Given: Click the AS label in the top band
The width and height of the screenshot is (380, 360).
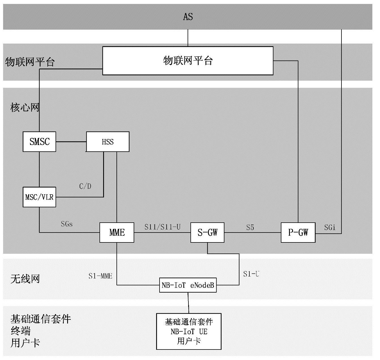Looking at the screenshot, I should click(x=188, y=17).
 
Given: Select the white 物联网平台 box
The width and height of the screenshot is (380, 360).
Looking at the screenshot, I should click(x=188, y=61).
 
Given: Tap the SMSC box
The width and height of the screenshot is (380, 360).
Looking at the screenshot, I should click(x=39, y=142).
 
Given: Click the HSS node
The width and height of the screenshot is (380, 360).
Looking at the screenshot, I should click(x=108, y=142).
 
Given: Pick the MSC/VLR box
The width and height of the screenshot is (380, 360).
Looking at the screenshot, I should click(x=39, y=197).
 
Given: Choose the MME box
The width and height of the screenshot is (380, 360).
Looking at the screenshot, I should click(x=117, y=233).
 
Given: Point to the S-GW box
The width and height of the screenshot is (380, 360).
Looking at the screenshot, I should click(x=207, y=233).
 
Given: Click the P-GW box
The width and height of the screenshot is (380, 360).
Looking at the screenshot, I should click(x=298, y=233).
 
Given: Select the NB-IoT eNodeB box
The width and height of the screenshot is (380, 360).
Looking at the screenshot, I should click(x=188, y=285).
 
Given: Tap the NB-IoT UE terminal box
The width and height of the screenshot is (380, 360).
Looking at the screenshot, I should click(x=189, y=331).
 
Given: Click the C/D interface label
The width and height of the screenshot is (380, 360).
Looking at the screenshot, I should click(x=85, y=186).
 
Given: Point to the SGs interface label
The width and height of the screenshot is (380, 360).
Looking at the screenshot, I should click(x=67, y=224).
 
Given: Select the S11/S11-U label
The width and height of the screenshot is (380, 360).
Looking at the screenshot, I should click(x=162, y=227).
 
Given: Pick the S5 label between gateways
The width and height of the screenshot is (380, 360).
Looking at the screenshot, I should click(x=250, y=227).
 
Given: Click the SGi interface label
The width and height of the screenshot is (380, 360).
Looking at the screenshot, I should click(x=330, y=227).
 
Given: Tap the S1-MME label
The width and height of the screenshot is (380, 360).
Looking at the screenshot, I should click(x=100, y=276).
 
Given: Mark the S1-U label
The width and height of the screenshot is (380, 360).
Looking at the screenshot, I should click(x=251, y=274).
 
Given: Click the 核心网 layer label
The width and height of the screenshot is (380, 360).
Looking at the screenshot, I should click(x=25, y=108).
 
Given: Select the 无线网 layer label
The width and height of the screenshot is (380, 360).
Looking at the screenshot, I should click(x=25, y=279).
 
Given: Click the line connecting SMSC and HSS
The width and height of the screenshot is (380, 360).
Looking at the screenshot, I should click(x=71, y=142).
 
